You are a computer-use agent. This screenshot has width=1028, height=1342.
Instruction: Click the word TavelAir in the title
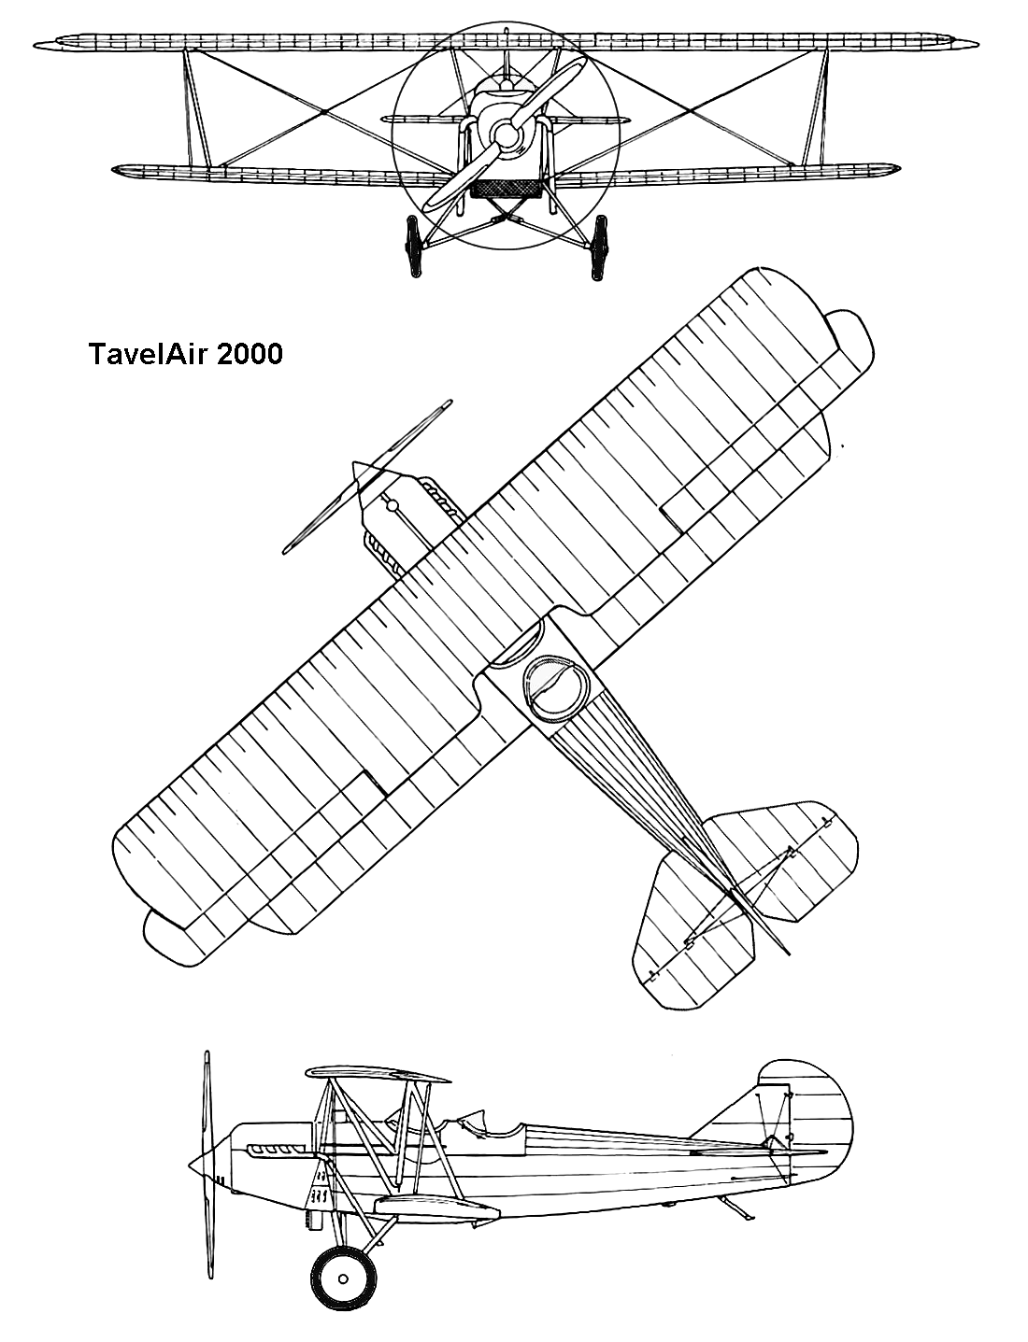click(x=147, y=355)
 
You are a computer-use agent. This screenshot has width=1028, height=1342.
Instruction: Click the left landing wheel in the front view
click(x=413, y=247)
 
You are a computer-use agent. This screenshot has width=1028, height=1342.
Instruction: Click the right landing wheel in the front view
click(x=598, y=247)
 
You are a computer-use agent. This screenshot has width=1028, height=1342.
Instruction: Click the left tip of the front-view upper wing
click(x=34, y=45)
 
